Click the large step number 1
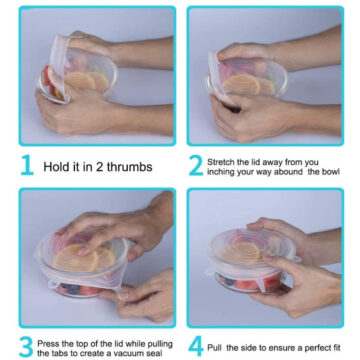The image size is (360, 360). coord(27,165)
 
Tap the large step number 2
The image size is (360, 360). coord(196,166)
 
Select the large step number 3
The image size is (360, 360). coord(26,347)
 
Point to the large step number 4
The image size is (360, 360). coord(196,347)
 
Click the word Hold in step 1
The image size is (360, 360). coord(55,167)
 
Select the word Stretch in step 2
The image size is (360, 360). coord(218,162)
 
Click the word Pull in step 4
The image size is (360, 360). coord(214,348)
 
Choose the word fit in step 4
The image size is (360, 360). coord(335,348)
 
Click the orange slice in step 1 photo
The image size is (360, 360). coord(80,81)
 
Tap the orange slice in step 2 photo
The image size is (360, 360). coord(241,84)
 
